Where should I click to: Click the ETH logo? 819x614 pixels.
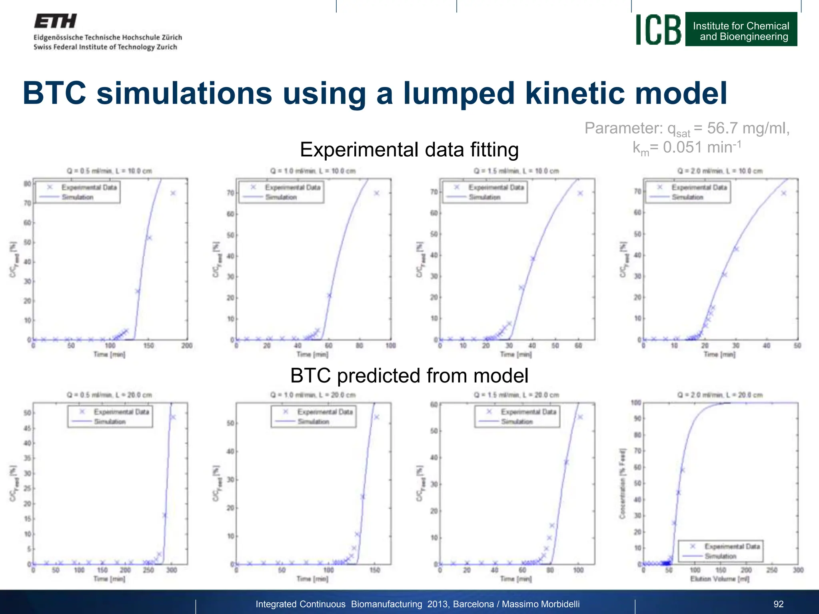point(55,21)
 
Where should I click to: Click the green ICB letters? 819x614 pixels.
point(658,30)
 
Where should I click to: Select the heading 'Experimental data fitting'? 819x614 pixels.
point(409,150)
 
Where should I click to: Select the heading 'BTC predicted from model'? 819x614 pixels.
point(409,376)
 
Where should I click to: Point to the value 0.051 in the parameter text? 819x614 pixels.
point(682,148)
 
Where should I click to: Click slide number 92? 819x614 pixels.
point(778,604)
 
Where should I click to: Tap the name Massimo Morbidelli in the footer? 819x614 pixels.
point(540,604)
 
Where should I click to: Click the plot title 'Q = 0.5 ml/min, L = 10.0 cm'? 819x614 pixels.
point(109,171)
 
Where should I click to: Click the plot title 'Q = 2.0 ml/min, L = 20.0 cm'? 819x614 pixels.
point(720,395)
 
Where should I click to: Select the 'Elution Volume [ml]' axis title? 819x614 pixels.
point(719,579)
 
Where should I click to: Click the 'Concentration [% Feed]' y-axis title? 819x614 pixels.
point(622,484)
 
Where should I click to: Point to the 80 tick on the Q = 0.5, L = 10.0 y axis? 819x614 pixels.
point(27,184)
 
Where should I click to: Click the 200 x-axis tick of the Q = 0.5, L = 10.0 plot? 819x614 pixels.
point(187,346)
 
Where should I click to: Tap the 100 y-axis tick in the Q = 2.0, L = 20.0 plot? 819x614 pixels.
point(636,403)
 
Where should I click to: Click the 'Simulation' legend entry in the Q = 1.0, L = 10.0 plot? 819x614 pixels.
point(281,197)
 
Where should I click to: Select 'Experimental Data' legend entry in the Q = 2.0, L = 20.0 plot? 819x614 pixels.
point(732,546)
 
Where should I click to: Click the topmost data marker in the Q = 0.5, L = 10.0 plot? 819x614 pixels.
point(173,193)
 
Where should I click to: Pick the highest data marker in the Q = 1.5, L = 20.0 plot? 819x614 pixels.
point(580,417)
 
